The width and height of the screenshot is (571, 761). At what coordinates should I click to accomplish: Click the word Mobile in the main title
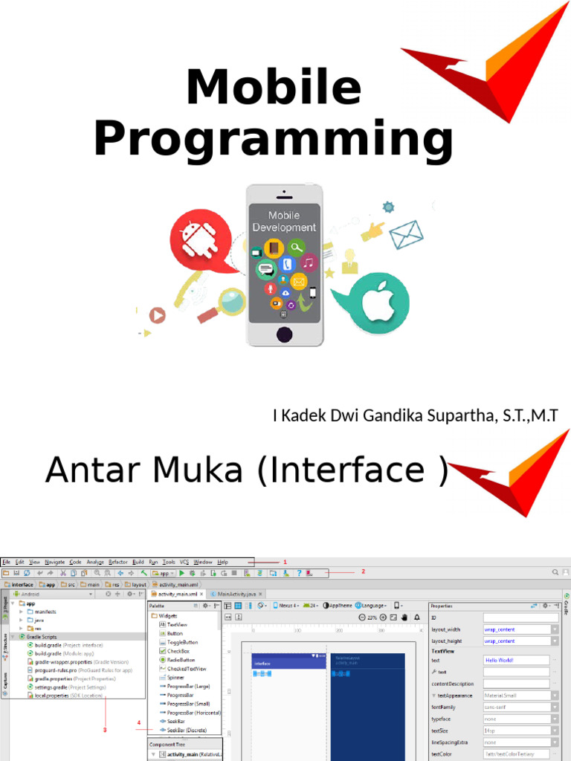coord(273,88)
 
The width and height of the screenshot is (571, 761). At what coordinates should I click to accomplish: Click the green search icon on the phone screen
coord(297,247)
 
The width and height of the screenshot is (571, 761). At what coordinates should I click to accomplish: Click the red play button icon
coord(156,315)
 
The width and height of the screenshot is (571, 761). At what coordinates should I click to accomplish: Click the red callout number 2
coord(363,571)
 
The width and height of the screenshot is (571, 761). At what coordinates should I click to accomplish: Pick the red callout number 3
coord(105,729)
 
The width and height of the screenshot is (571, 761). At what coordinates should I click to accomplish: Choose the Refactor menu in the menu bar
coord(117,562)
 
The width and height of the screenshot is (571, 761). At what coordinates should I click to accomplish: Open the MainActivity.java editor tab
coord(235,594)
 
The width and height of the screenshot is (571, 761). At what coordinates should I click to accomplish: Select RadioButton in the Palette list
coord(181,660)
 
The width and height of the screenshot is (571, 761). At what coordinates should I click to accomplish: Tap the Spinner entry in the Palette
coord(175,678)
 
